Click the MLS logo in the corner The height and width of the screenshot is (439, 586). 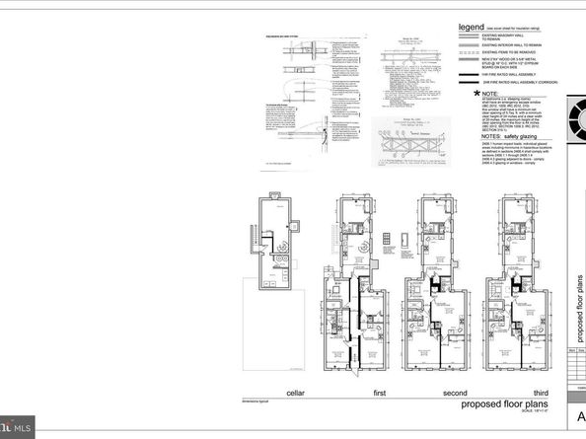click(17, 427)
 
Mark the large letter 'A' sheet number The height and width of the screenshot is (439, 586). click(580, 415)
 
